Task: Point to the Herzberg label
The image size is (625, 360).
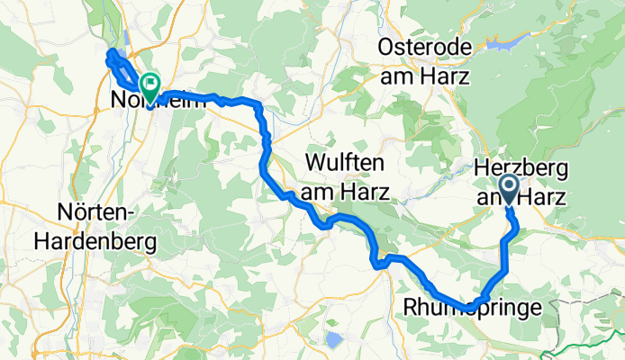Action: (520, 166)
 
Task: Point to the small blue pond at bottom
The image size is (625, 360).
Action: (334, 340)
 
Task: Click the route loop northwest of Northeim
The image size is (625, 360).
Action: (116, 62)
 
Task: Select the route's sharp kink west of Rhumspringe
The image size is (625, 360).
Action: (380, 263)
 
